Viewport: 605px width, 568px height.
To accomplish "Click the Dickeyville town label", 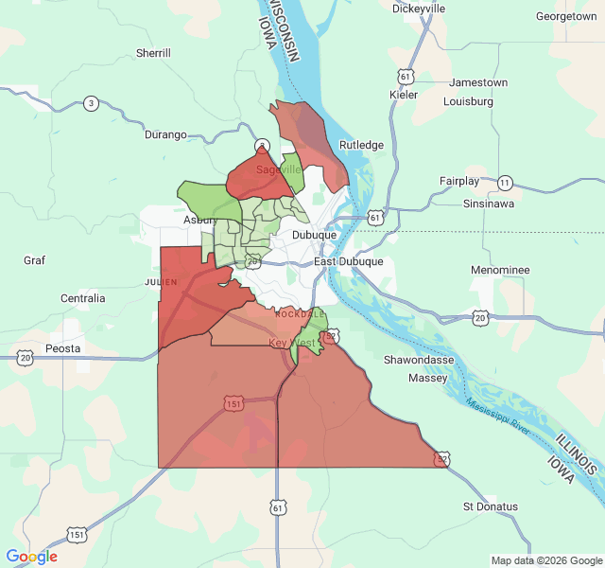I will click(x=419, y=9).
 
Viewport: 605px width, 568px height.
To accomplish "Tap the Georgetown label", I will click(x=566, y=16).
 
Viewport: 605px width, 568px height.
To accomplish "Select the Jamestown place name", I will click(x=478, y=82).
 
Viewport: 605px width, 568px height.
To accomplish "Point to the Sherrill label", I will click(x=153, y=53).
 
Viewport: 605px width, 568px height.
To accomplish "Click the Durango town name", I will click(x=165, y=134).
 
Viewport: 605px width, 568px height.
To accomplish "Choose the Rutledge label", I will click(x=362, y=145).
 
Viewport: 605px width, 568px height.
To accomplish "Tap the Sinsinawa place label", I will click(x=489, y=204).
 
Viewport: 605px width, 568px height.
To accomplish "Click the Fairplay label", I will click(x=460, y=181).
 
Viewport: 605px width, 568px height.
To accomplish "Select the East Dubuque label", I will click(x=349, y=261).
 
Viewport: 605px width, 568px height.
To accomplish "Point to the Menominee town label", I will click(x=500, y=270).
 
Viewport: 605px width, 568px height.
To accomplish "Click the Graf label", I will click(x=35, y=259).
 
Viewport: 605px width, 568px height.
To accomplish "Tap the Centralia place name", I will click(x=82, y=298).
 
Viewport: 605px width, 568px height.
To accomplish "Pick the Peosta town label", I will click(x=63, y=348).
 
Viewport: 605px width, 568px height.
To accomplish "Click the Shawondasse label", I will click(x=419, y=360).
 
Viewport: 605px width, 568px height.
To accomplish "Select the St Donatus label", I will click(x=491, y=506).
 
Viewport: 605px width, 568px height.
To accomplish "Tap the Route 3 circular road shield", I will click(x=91, y=103).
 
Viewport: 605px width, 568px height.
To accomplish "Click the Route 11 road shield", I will click(x=505, y=182).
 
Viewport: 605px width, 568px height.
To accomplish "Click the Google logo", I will click(x=31, y=557).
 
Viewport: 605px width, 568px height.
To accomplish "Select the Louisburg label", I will click(x=469, y=100).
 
